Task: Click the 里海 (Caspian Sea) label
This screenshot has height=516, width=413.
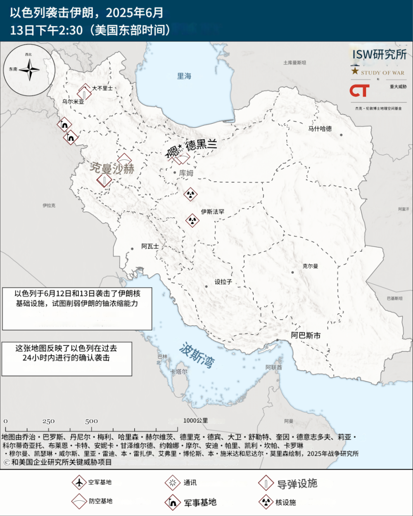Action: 184,76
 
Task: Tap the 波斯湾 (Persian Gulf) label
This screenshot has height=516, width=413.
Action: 197,355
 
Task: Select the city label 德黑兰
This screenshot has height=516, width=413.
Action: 201,145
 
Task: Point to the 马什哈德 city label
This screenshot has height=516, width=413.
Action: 320,128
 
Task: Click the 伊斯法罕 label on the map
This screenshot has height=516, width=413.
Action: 213,212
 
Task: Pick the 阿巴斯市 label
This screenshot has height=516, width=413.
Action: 306,335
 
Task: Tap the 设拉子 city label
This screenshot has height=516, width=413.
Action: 223,282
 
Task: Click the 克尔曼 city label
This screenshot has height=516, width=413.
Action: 310,266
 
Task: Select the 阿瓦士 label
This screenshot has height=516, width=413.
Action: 150,246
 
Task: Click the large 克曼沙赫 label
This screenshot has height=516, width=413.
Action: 112,168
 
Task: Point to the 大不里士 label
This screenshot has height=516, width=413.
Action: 102,88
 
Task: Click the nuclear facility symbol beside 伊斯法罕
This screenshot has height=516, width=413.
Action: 192,220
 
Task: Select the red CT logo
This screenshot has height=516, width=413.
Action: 359,91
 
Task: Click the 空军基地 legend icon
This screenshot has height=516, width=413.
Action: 78,482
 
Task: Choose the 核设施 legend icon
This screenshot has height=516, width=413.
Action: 266,502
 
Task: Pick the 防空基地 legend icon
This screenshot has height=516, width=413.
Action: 78,501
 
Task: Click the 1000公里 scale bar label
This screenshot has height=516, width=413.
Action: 195,421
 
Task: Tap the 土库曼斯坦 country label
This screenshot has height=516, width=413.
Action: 294,63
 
